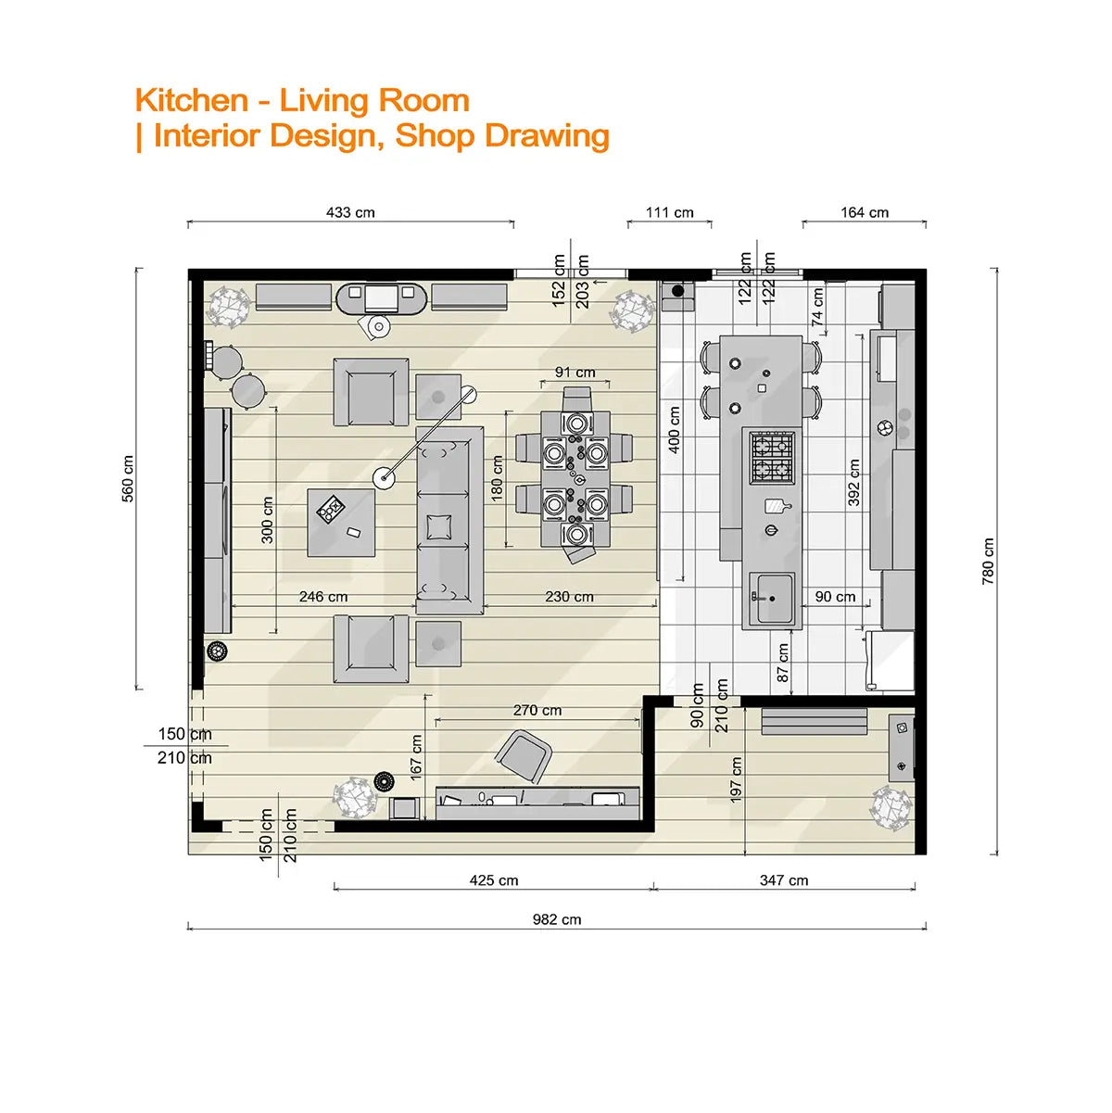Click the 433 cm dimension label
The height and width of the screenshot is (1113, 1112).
pos(350,212)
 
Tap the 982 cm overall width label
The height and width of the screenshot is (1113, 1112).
pos(557,919)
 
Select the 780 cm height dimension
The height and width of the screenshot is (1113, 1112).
pos(988,561)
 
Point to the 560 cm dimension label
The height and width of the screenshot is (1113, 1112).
pos(128,478)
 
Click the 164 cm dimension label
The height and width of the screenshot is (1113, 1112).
pos(865,212)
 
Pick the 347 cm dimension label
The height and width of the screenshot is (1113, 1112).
pos(784,880)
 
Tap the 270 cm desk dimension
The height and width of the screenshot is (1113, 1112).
pos(537,710)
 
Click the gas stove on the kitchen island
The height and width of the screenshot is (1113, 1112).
pos(772,457)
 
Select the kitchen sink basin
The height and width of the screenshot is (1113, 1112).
pos(772,599)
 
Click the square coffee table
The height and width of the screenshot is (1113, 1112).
pos(341,522)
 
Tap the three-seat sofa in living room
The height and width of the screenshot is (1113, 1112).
pos(449,520)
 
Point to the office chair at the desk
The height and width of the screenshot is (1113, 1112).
pos(524,755)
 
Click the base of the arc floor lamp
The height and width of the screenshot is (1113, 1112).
pos(384,477)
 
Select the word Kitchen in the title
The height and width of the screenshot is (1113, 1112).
pos(192,100)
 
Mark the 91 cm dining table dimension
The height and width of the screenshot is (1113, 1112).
pos(575,373)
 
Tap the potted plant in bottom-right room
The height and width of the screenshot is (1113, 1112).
pos(891,806)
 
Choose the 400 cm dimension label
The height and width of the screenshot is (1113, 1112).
pos(675,429)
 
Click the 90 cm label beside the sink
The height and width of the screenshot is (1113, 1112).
pos(835,597)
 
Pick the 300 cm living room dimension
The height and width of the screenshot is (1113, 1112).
pos(267,520)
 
